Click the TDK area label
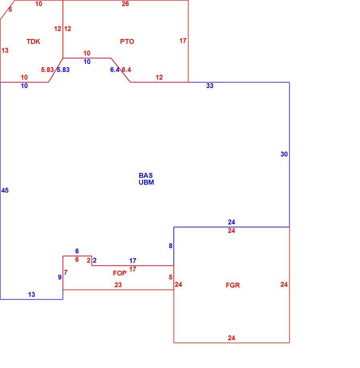coord(33,41)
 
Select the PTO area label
coord(127,41)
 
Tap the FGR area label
coord(233,285)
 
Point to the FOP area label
coord(120,273)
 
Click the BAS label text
coord(145,175)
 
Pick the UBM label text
coord(146,182)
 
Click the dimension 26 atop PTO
coord(125,4)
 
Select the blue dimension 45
coord(5,190)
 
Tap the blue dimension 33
coord(210,86)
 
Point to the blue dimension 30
coord(284,154)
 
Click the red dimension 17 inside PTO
coord(183,41)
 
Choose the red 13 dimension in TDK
coord(5,50)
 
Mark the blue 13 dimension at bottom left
coord(31,294)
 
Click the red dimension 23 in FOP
coord(118,285)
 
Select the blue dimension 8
coord(170,246)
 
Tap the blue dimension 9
coord(60,277)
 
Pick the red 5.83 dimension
coord(47,70)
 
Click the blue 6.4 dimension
coord(115,70)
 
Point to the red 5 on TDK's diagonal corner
coord(10,9)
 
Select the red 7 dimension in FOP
coord(65,272)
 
